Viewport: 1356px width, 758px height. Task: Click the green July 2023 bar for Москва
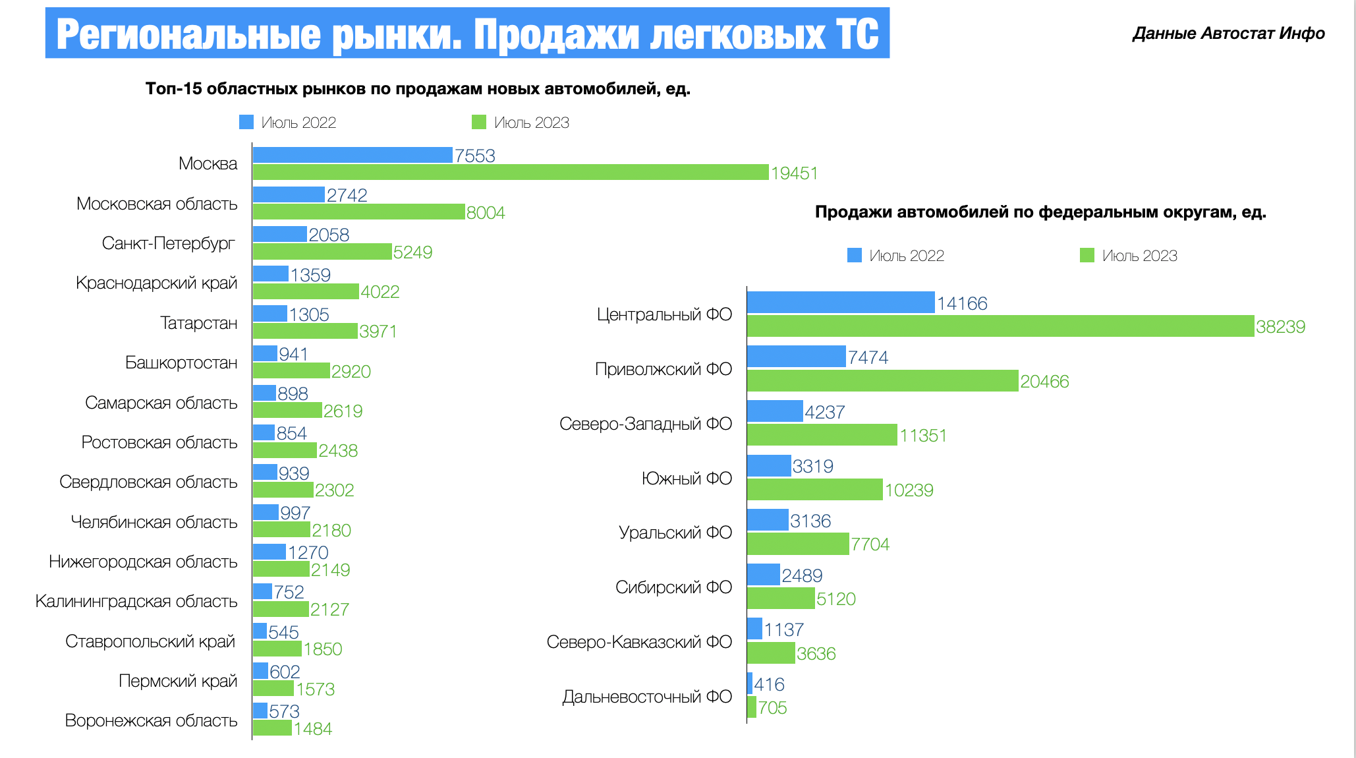(x=511, y=173)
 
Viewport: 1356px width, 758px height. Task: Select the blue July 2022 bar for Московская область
(x=289, y=194)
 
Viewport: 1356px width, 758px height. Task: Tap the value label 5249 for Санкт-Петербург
(x=412, y=252)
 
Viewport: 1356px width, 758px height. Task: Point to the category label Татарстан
(x=198, y=323)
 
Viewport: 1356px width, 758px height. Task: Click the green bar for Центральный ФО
(x=1000, y=326)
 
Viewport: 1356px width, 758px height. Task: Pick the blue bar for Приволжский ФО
(x=796, y=357)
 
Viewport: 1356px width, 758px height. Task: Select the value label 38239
(x=1280, y=327)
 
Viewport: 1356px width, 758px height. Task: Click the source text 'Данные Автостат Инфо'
(x=1228, y=34)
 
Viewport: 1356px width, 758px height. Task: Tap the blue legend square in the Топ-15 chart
(x=246, y=123)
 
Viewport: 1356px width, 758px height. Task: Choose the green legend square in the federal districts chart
(x=1087, y=255)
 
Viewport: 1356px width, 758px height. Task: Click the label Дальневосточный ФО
(x=647, y=697)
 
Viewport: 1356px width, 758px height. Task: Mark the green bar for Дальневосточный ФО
(x=752, y=707)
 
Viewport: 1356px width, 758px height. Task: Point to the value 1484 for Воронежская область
(x=313, y=729)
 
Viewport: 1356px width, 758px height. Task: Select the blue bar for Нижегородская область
(x=269, y=552)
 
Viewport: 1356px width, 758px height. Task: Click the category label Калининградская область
(x=136, y=601)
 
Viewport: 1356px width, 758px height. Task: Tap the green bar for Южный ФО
(x=814, y=490)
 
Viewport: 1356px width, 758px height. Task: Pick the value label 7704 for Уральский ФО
(x=870, y=544)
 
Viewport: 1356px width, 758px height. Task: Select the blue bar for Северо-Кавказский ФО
(x=754, y=629)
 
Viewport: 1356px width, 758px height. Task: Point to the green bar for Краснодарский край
(x=306, y=291)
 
